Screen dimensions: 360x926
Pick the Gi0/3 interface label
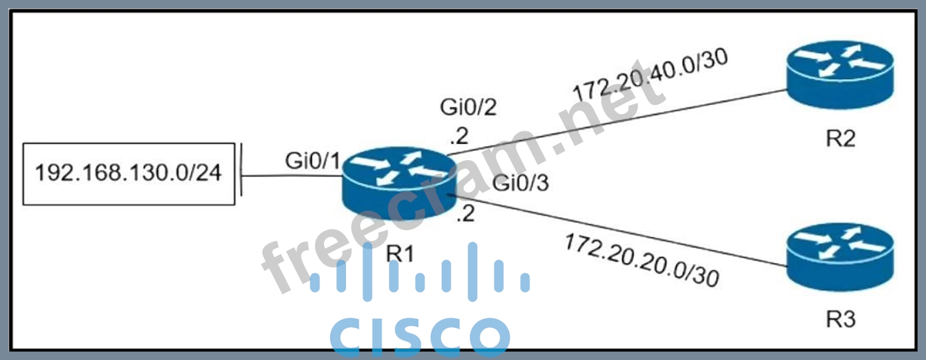pyautogui.click(x=521, y=184)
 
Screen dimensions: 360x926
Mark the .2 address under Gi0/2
pyautogui.click(x=459, y=137)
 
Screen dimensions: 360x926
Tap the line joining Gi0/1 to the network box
pyautogui.click(x=290, y=176)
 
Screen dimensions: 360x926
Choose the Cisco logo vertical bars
pyautogui.click(x=419, y=272)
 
